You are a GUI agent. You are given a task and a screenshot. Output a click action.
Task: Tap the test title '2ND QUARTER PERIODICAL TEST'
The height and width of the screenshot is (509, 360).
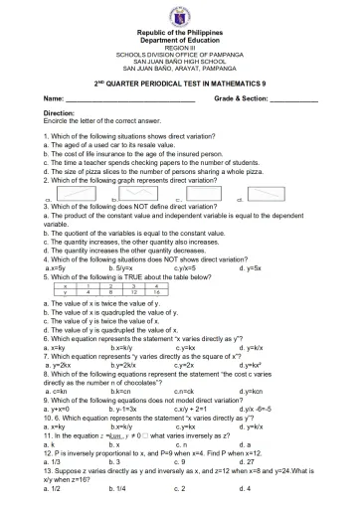(x=180, y=87)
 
